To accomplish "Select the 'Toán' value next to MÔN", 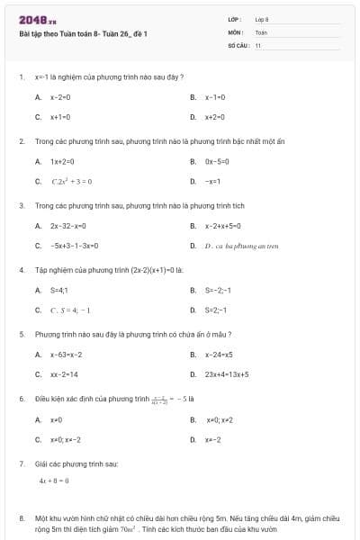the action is (x=261, y=31).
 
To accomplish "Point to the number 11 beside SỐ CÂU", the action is (x=258, y=44).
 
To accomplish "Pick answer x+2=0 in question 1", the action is (x=214, y=117).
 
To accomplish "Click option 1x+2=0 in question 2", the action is (x=60, y=161).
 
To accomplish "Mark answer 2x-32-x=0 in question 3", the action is (x=67, y=226).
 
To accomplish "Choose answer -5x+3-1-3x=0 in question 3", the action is (x=74, y=246).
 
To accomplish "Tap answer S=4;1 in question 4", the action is (x=58, y=290).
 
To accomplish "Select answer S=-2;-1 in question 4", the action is (x=218, y=290).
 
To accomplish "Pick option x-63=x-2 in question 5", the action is (x=67, y=354).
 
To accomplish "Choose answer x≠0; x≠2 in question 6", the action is (x=220, y=420).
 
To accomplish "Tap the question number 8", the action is (x=21, y=519).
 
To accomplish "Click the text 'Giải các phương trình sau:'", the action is (x=76, y=463).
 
